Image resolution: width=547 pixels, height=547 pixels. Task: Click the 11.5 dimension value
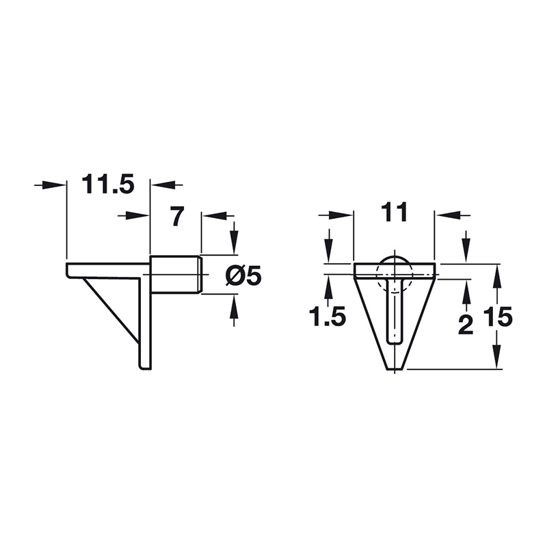click(x=108, y=185)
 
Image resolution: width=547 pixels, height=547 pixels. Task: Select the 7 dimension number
click(x=177, y=216)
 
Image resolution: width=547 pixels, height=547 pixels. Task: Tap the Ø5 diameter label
click(x=244, y=277)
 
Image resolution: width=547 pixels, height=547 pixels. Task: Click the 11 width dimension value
click(x=395, y=213)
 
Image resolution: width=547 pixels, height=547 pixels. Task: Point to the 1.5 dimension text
click(x=328, y=317)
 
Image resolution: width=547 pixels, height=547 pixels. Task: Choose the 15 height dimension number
click(x=498, y=317)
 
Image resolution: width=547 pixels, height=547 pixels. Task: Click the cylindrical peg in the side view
click(x=176, y=275)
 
